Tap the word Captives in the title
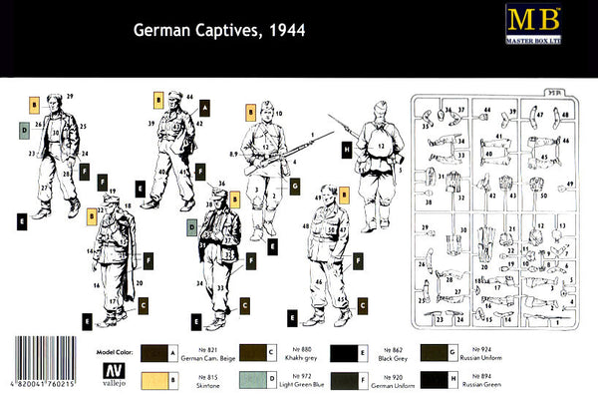[224, 30]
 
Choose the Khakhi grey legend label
[301, 357]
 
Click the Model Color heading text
[118, 350]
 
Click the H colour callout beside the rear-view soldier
[346, 151]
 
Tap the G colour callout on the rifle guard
[295, 186]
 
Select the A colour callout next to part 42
[204, 106]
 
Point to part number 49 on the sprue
[569, 186]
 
